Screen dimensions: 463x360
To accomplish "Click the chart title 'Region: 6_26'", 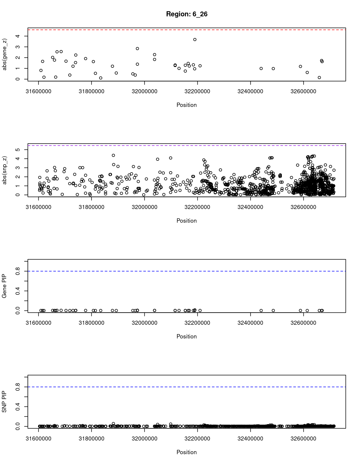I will pyautogui.click(x=187, y=14).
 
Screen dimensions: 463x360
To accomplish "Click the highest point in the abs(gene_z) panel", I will pyautogui.click(x=195, y=40).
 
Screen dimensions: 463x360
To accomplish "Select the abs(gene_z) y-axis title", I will pyautogui.click(x=5, y=54).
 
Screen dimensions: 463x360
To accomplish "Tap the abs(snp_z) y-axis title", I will pyautogui.click(x=5, y=170).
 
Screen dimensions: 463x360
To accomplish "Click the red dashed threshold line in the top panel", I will pyautogui.click(x=187, y=30).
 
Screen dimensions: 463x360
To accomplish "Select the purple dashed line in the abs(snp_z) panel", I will pyautogui.click(x=187, y=145).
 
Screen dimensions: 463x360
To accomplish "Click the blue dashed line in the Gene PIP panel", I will pyautogui.click(x=187, y=271).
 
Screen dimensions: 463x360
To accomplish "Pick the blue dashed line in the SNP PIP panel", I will pyautogui.click(x=187, y=387).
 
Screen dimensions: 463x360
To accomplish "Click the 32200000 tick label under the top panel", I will pyautogui.click(x=197, y=91).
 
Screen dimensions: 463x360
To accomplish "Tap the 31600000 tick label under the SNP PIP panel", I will pyautogui.click(x=38, y=439).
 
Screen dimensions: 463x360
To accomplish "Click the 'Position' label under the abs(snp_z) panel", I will pyautogui.click(x=187, y=221).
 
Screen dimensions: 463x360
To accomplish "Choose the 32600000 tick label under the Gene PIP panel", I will pyautogui.click(x=303, y=323).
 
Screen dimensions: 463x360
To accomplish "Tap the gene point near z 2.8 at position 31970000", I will pyautogui.click(x=137, y=49).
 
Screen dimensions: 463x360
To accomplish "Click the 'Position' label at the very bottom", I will pyautogui.click(x=187, y=452).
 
